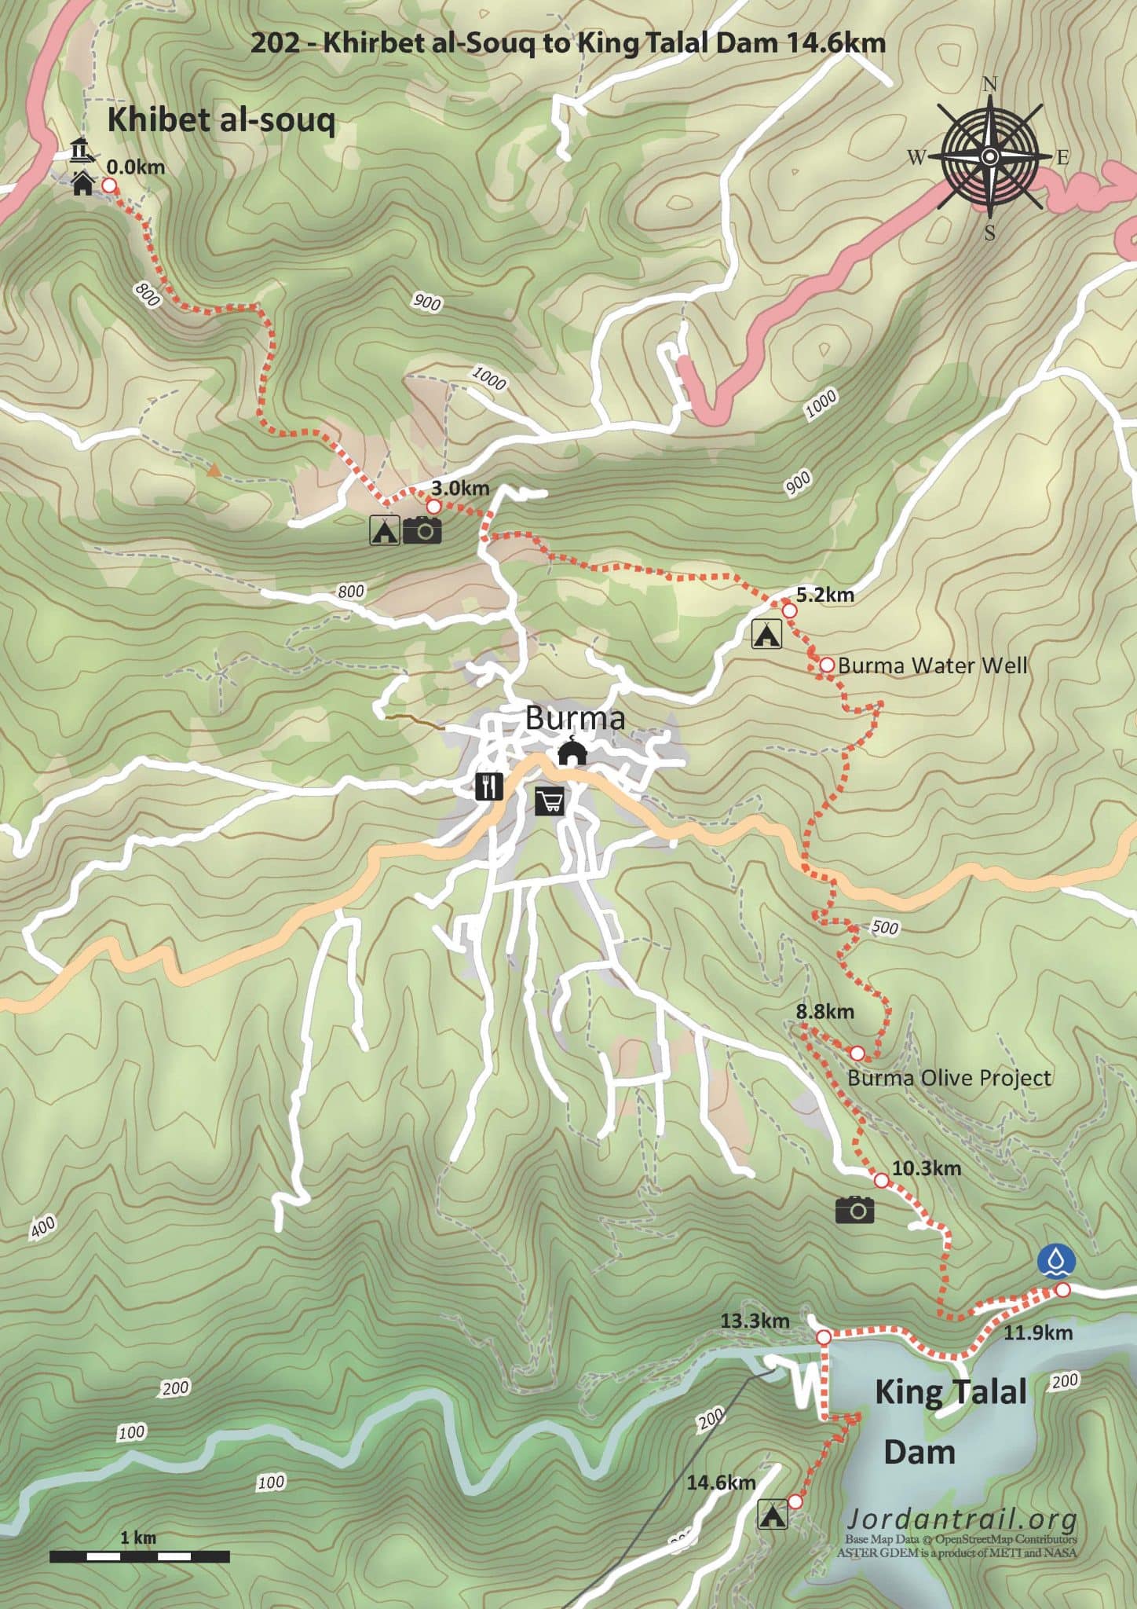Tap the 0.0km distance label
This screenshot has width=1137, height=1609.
click(x=136, y=167)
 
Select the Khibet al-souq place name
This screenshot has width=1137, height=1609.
click(x=221, y=121)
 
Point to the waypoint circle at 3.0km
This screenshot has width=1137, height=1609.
click(x=433, y=506)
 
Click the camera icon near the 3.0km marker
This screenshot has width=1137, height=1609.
click(x=422, y=530)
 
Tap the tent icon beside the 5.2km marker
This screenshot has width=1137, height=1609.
click(x=766, y=633)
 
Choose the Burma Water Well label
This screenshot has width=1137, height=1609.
click(x=932, y=665)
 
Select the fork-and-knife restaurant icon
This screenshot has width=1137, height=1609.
click(x=489, y=786)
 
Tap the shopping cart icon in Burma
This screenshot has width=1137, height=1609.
click(x=550, y=801)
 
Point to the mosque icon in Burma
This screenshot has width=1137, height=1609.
click(x=572, y=753)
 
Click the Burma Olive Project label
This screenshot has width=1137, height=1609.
click(x=949, y=1078)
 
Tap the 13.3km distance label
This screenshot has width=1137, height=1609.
click(x=755, y=1321)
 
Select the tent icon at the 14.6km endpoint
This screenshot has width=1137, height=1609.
click(x=773, y=1514)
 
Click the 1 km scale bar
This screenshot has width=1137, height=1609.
click(x=140, y=1556)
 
